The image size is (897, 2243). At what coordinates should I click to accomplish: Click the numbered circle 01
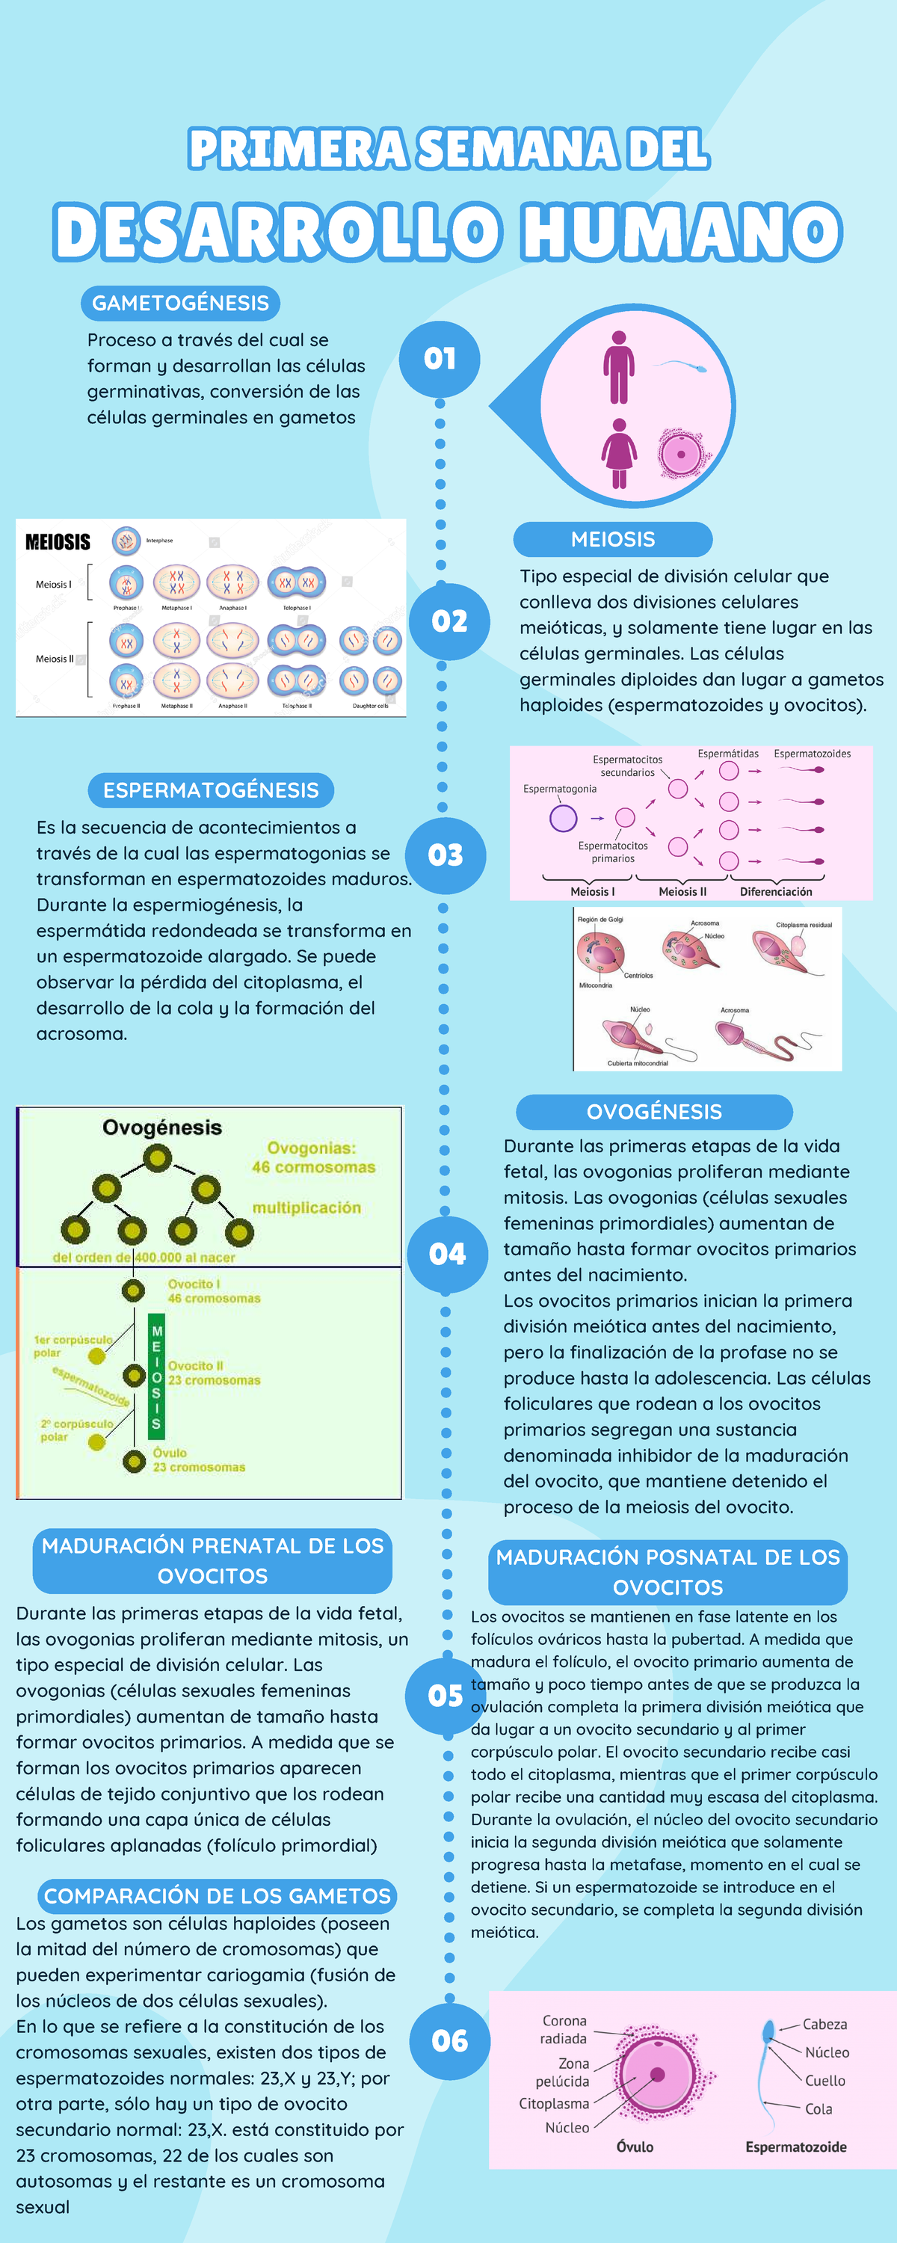click(440, 359)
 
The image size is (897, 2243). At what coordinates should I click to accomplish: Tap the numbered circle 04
click(448, 1254)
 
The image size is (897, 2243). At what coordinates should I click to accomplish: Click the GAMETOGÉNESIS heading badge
click(180, 303)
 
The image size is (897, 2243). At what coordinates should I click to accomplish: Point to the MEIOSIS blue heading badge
click(612, 539)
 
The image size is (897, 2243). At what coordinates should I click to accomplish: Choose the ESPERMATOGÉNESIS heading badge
click(211, 790)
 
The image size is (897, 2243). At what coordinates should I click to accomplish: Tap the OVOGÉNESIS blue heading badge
click(654, 1112)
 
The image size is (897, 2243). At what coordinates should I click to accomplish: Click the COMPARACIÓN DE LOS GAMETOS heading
click(217, 1895)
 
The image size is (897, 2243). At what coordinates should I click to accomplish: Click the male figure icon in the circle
click(618, 366)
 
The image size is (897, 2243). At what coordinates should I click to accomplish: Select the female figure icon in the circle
click(618, 453)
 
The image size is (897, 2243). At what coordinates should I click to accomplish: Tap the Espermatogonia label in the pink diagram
click(560, 789)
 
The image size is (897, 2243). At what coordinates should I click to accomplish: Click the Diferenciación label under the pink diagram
click(775, 892)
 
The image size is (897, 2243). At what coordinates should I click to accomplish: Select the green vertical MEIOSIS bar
click(156, 1376)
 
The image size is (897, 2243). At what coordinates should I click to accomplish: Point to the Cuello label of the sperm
click(824, 2080)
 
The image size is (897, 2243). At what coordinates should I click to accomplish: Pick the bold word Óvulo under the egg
click(635, 2147)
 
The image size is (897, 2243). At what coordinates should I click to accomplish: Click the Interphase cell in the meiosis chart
click(126, 541)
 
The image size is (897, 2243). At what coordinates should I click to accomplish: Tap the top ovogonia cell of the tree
click(158, 1158)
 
